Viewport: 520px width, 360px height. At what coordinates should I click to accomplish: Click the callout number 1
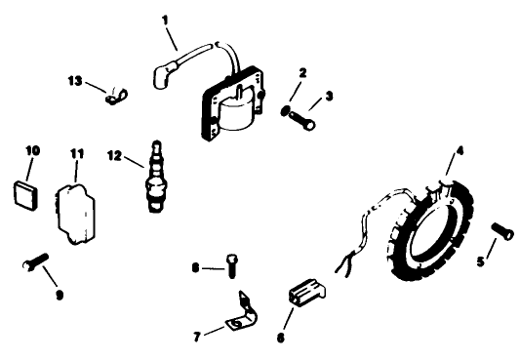[165, 19]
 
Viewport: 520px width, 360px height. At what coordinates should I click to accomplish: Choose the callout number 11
[77, 154]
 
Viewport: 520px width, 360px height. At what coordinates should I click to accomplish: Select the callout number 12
[115, 153]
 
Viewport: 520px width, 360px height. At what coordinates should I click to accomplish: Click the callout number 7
[198, 337]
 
